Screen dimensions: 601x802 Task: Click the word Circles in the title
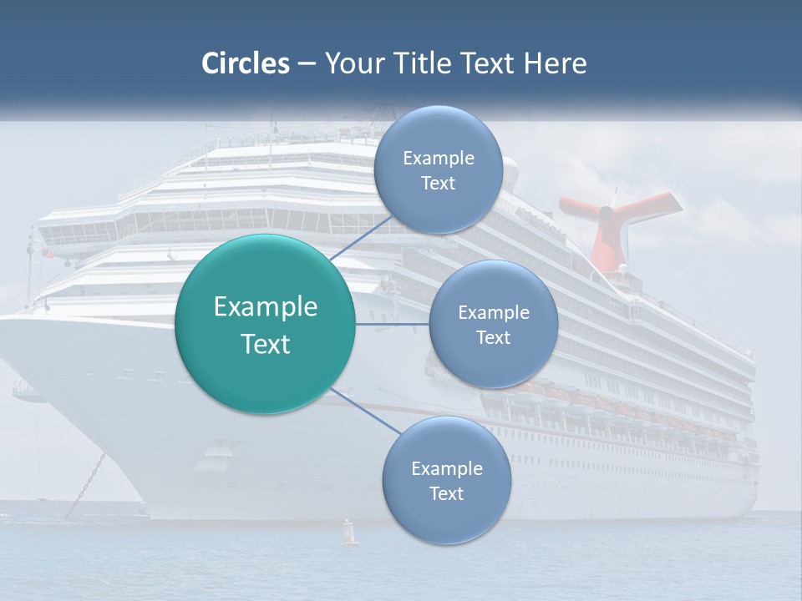245,63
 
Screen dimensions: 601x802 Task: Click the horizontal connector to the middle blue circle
393,324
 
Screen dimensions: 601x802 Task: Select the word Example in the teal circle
266,307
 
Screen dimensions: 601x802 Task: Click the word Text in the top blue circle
438,184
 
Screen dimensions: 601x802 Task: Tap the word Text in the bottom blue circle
446,493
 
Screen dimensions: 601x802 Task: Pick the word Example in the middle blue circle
493,313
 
